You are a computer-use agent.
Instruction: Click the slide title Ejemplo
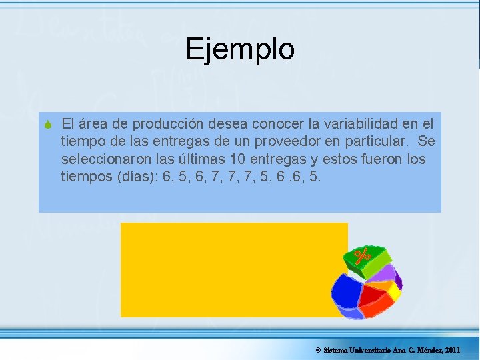tap(240, 49)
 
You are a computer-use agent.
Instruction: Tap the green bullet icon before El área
tap(48, 124)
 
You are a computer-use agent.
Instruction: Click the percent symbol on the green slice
tap(363, 256)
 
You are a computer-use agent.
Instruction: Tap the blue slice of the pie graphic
tap(347, 293)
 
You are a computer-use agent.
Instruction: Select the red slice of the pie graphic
tap(375, 301)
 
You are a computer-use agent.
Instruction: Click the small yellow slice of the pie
tap(393, 291)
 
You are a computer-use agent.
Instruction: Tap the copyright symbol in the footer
tap(318, 350)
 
